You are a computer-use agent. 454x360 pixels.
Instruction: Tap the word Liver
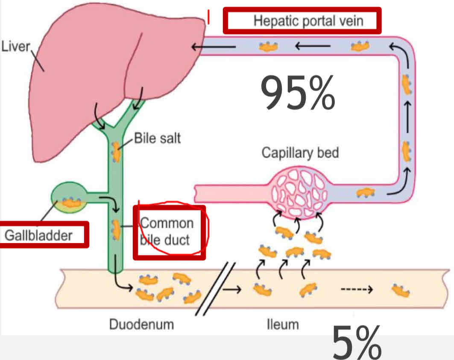tap(15, 46)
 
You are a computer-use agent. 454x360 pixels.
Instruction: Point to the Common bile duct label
tap(167, 231)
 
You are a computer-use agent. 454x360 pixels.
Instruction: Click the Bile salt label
tap(157, 139)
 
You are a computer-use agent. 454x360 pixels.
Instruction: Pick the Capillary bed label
tap(300, 153)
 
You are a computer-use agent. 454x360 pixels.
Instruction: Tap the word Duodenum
tap(141, 324)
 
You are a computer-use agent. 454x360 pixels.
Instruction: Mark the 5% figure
tap(356, 342)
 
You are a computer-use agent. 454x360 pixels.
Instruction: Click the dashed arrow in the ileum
tap(356, 290)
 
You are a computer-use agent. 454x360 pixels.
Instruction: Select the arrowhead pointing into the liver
tap(195, 47)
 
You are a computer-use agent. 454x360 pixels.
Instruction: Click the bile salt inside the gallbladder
tap(70, 203)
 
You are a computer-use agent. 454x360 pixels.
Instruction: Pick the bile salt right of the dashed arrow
tap(401, 291)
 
